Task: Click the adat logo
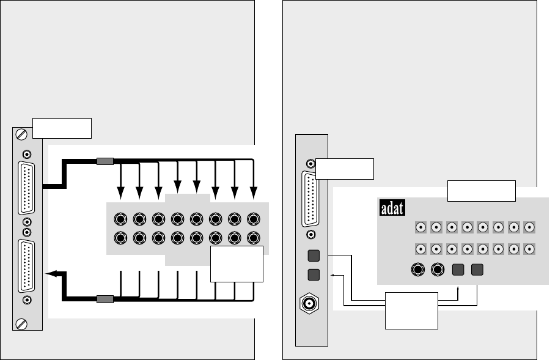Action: click(x=394, y=209)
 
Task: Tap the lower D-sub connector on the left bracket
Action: click(x=27, y=266)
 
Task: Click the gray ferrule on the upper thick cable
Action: click(x=105, y=161)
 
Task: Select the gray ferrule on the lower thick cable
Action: click(x=105, y=299)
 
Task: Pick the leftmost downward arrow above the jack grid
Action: click(x=121, y=193)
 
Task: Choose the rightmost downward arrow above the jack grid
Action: click(x=254, y=193)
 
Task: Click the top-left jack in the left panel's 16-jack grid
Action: click(x=121, y=219)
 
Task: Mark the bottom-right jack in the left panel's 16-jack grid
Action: click(x=254, y=237)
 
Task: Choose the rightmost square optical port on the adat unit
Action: click(x=477, y=269)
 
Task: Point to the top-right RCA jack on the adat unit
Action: click(x=530, y=227)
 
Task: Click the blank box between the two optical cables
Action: click(x=411, y=310)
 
